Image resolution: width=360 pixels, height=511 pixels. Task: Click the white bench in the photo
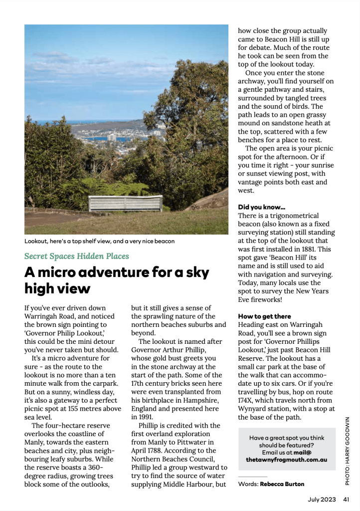pos(125,203)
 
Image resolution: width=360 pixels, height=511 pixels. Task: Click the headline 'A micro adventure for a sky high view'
pos(117,280)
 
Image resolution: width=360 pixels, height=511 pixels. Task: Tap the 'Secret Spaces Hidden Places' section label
pos(76,256)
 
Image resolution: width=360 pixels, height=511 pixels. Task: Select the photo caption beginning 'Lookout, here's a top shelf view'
pos(99,242)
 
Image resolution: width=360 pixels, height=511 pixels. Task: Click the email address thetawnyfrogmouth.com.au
pos(286,460)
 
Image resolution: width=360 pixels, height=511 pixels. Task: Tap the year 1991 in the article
pos(140,416)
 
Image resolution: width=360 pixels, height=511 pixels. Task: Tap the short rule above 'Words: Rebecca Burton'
pos(253,477)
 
